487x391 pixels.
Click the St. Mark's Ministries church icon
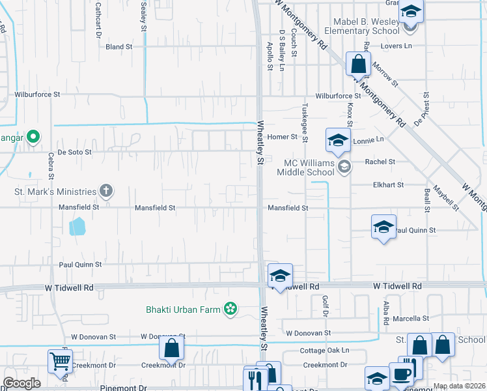[x=106, y=191]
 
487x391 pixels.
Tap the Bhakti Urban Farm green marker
[x=230, y=308]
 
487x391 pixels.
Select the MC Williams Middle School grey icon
[x=344, y=167]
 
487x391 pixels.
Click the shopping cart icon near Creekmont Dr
[x=60, y=360]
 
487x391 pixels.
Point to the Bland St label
[x=119, y=47]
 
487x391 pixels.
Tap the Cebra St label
[x=51, y=166]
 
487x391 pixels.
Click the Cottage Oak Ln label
[x=325, y=350]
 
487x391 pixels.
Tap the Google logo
[x=21, y=383]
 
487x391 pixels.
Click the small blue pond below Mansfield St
[x=77, y=226]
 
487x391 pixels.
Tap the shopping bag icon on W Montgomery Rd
[x=357, y=64]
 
